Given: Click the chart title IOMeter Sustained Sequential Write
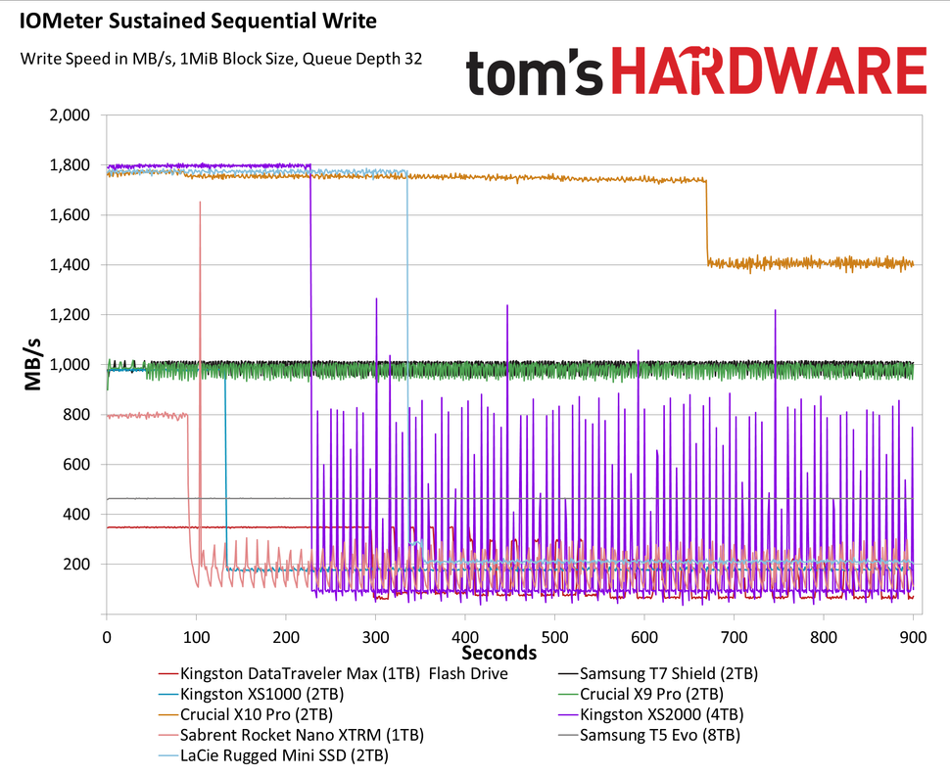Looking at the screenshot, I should (x=197, y=19).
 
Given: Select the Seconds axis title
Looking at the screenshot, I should (x=499, y=652).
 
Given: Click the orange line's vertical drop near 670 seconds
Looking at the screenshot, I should (x=707, y=220).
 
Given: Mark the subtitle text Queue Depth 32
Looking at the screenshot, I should (x=362, y=59).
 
